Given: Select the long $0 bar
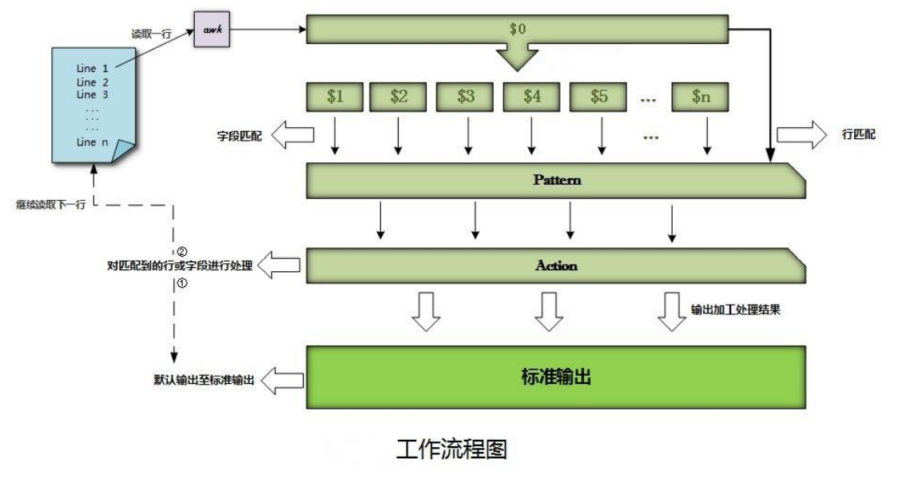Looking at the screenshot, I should click(x=518, y=30).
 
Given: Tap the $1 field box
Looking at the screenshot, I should click(x=335, y=97).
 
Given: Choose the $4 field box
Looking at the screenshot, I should click(x=532, y=97).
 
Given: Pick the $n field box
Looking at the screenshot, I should click(x=700, y=97).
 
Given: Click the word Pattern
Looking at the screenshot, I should click(x=557, y=180).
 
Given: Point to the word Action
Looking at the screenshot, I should click(x=556, y=265).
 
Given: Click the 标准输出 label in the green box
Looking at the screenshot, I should click(x=556, y=377).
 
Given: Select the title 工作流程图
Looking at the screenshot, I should click(x=451, y=449).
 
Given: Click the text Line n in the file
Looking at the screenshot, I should click(x=93, y=142).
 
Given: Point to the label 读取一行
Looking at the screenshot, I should click(x=152, y=34).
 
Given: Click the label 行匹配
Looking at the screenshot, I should click(x=859, y=134).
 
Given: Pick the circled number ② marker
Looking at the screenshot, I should click(x=181, y=252).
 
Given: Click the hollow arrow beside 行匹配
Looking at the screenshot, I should click(x=803, y=134).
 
